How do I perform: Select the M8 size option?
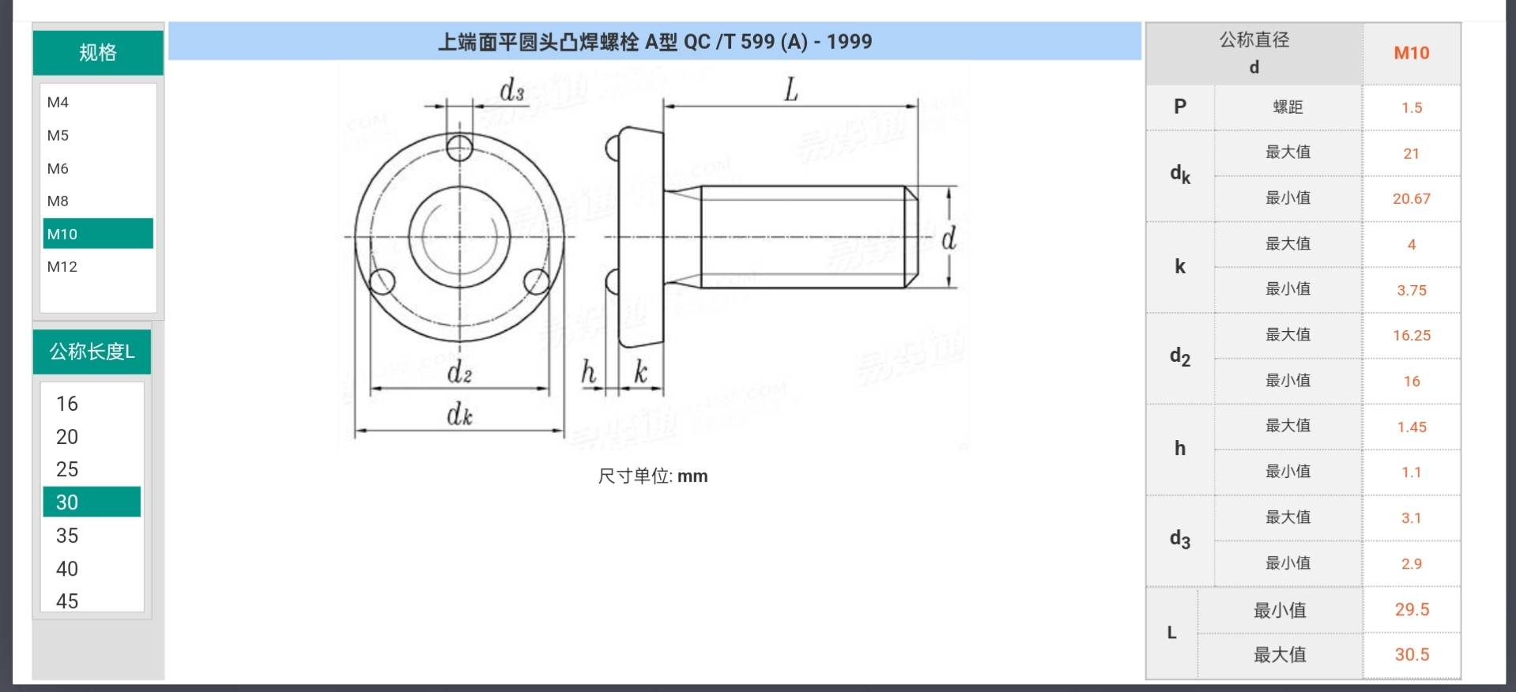click(x=58, y=201)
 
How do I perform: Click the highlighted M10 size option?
click(x=97, y=234)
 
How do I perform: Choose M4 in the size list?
click(x=58, y=102)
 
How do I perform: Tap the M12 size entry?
click(x=62, y=266)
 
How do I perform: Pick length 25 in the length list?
click(x=67, y=469)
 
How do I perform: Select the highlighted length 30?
click(x=91, y=502)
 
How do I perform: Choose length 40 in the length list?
click(x=67, y=569)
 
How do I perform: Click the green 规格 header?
click(x=98, y=53)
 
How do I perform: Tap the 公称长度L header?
click(x=92, y=352)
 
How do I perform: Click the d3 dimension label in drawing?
click(x=511, y=91)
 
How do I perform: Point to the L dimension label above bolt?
click(x=790, y=89)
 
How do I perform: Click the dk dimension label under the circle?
click(x=459, y=414)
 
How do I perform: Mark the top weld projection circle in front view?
click(x=459, y=147)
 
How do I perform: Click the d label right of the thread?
click(x=948, y=238)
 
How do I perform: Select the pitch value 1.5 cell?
click(x=1411, y=107)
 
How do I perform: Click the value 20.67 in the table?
click(x=1411, y=198)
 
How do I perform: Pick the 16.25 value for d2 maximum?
click(x=1411, y=335)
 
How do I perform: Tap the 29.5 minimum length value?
click(x=1411, y=609)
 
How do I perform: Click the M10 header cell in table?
click(x=1411, y=53)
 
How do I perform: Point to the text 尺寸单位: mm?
click(x=652, y=476)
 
